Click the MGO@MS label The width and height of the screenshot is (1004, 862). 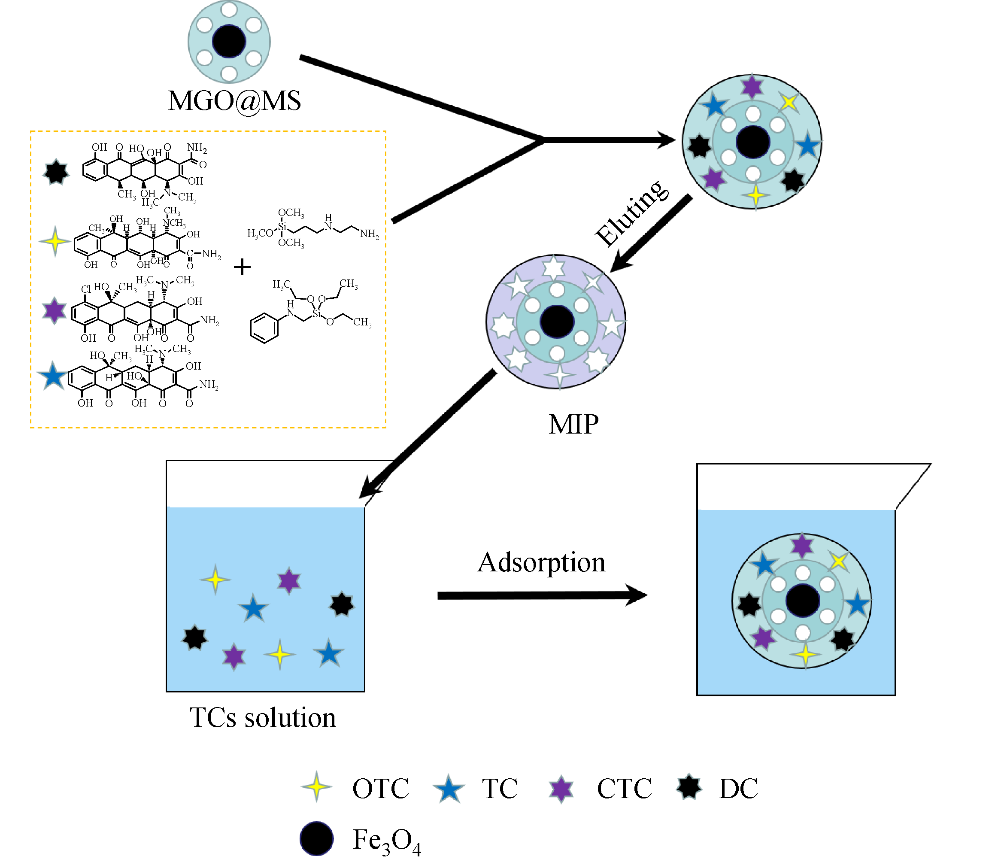(234, 101)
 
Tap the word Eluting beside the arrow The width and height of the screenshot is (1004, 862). (632, 214)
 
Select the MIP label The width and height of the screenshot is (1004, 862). (573, 425)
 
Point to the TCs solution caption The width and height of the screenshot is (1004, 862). (263, 718)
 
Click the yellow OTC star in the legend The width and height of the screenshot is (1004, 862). (316, 787)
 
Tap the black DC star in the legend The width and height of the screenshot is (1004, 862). (689, 787)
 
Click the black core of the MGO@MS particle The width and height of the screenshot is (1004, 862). (229, 41)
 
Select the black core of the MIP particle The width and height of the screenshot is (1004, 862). (557, 322)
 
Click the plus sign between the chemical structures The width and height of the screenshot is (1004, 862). (242, 267)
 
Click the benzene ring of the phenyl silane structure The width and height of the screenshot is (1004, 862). (264, 328)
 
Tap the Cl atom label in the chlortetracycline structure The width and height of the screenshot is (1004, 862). (86, 289)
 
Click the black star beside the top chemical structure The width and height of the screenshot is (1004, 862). (56, 172)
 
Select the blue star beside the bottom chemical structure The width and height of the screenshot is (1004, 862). (53, 376)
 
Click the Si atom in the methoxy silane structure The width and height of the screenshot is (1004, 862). (282, 227)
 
